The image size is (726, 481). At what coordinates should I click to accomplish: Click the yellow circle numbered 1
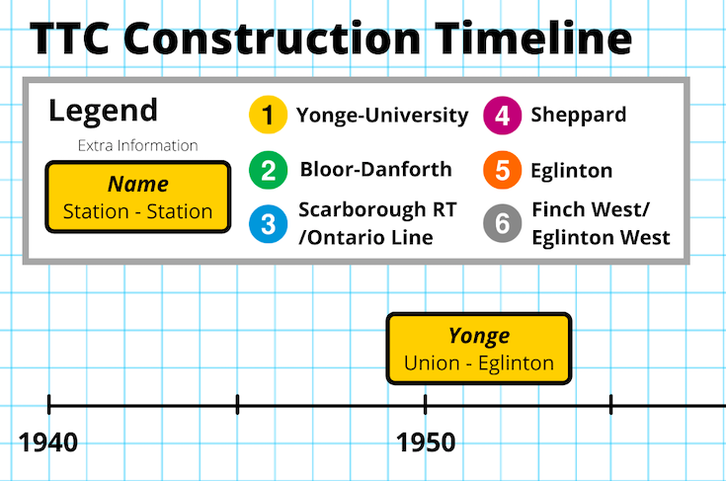(267, 116)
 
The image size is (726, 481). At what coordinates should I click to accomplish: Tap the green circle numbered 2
(267, 170)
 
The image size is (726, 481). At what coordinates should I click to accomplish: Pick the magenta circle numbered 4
(503, 116)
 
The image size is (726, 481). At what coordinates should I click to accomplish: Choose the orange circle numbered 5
(503, 170)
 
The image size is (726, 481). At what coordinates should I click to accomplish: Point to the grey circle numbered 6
(503, 223)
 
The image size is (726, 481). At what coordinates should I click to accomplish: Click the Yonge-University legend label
(381, 116)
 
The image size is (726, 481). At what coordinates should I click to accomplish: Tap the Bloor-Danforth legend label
(375, 169)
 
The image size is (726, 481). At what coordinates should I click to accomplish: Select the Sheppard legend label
(578, 115)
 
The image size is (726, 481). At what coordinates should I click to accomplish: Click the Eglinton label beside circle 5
(571, 170)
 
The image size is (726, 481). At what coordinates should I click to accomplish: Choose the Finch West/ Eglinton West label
(601, 224)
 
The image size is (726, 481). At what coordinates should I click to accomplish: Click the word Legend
(103, 111)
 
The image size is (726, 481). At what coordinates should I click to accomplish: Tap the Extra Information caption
(138, 146)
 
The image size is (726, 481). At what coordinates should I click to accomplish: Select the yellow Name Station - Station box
(138, 198)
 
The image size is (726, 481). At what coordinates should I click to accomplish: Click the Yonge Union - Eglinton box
(479, 349)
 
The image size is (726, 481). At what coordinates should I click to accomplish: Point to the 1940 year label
(48, 441)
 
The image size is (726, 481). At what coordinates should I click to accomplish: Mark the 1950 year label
(426, 441)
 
